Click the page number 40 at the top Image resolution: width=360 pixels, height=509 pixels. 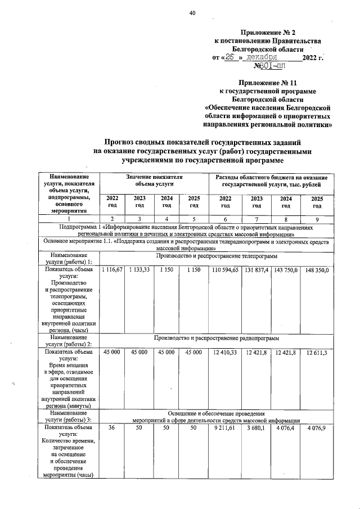(192, 13)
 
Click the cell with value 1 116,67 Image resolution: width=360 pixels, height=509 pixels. (112, 271)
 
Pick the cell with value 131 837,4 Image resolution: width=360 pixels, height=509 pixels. (257, 271)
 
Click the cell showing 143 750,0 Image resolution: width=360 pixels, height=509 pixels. (286, 271)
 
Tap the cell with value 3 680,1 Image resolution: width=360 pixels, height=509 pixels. (257, 429)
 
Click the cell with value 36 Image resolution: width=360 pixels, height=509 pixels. (112, 429)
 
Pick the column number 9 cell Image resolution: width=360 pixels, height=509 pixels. (317, 218)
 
